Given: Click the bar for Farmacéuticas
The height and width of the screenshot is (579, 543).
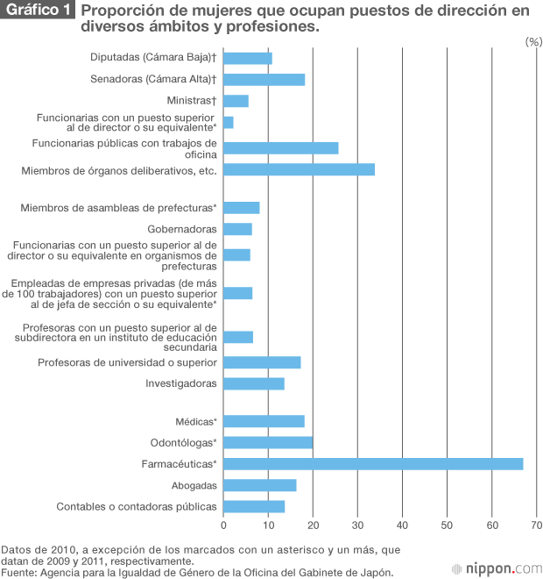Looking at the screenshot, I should click(x=373, y=463).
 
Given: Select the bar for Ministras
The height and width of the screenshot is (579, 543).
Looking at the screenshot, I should click(x=236, y=101).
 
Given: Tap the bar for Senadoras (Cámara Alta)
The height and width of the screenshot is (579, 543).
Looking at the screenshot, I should click(x=264, y=80).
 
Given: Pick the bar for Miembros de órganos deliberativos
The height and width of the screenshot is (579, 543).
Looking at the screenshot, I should click(x=299, y=169).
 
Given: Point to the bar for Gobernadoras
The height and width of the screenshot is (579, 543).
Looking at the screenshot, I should click(x=237, y=229).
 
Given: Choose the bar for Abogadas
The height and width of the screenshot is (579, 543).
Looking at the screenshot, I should click(x=259, y=485).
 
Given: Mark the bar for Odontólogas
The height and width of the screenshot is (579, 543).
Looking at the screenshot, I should click(x=268, y=442).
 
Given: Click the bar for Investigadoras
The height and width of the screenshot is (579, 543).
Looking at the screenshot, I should click(x=254, y=383).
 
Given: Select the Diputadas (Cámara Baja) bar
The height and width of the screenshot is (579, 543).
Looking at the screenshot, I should click(x=248, y=58).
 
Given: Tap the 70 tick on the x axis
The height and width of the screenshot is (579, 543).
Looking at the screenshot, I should click(x=536, y=525).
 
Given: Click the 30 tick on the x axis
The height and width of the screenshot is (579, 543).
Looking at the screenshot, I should click(x=357, y=525).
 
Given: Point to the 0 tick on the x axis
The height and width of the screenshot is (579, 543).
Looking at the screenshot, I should click(x=223, y=525).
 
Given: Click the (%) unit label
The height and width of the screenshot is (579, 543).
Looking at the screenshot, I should click(x=532, y=42).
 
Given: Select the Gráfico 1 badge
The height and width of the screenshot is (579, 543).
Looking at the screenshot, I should click(x=39, y=11).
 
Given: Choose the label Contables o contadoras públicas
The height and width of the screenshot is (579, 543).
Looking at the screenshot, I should click(x=136, y=506).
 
